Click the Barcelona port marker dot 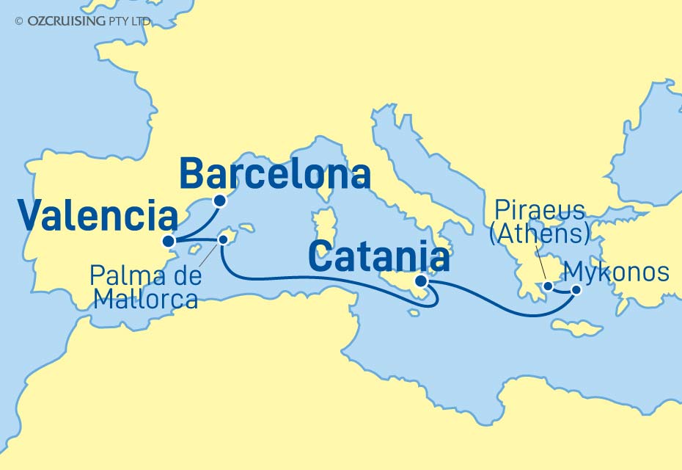click(x=219, y=200)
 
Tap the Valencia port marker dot click(x=169, y=241)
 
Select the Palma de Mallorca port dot click(x=223, y=239)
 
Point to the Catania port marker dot click(x=421, y=281)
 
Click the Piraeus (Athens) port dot click(x=548, y=286)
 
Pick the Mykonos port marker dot click(x=576, y=289)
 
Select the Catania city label click(x=378, y=258)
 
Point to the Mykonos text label click(x=619, y=272)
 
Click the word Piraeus click(x=539, y=211)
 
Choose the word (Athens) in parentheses click(x=539, y=234)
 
